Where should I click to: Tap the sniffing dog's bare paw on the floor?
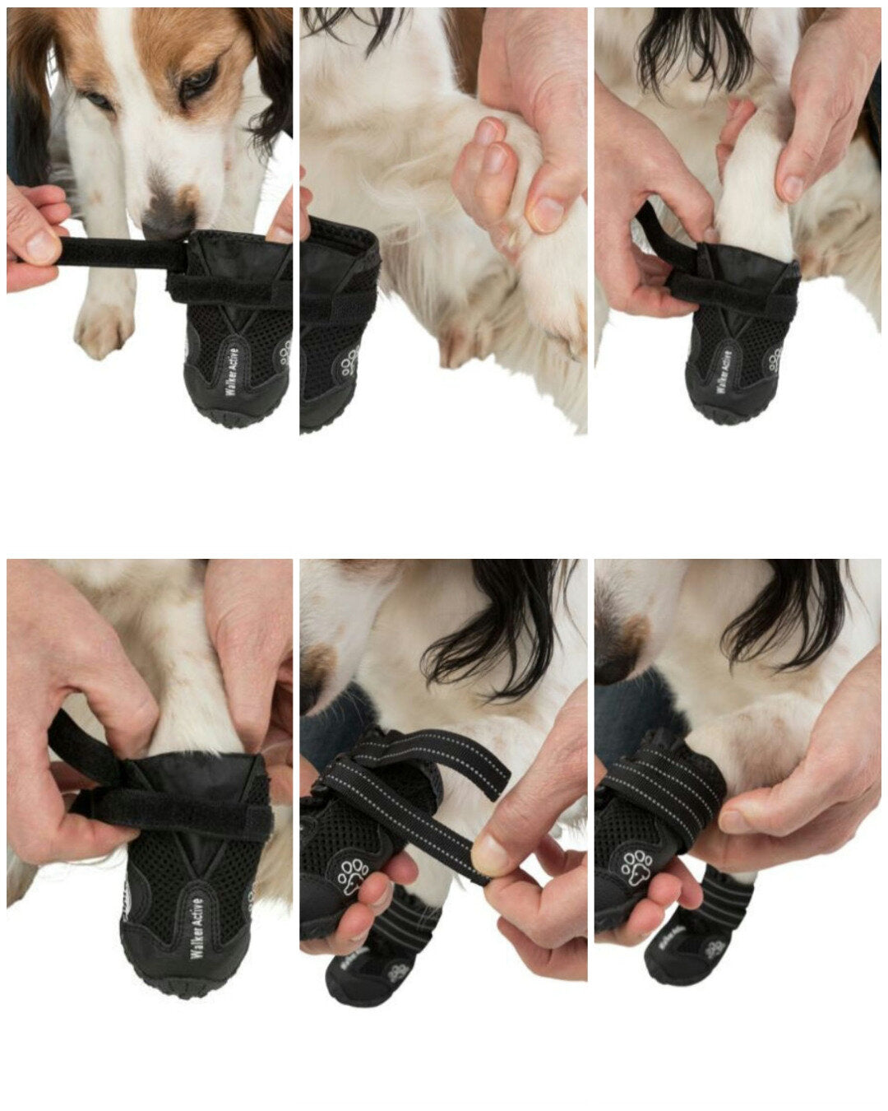pyautogui.click(x=103, y=330)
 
